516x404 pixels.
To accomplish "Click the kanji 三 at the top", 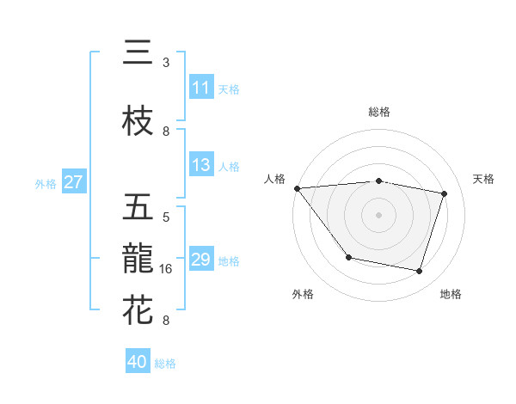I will coord(138,53).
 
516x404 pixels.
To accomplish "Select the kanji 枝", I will coord(138,121).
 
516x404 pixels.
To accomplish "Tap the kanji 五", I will coord(138,207).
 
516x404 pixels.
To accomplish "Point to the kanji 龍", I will coord(138,258).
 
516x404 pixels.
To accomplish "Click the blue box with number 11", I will coord(201,88).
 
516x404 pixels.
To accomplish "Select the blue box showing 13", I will coord(201,165).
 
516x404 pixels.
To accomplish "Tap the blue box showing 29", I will coord(201,260).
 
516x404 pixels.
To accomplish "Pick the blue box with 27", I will coord(74,182).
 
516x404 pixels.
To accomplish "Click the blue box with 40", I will coord(138,362).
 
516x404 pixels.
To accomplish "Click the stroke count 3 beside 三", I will coord(166,63).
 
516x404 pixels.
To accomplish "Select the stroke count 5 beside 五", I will coord(166,217).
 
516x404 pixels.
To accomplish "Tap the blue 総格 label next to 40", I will coord(165,364).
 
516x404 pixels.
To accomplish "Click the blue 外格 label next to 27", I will coord(46,183).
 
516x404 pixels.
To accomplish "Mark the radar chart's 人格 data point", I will coord(297,188).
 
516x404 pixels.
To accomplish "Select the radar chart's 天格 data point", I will coord(445,193).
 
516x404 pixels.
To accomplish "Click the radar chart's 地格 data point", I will coord(419,271).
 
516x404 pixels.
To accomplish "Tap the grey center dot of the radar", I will coord(378,214).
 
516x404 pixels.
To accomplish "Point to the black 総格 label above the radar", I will coord(378,112).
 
